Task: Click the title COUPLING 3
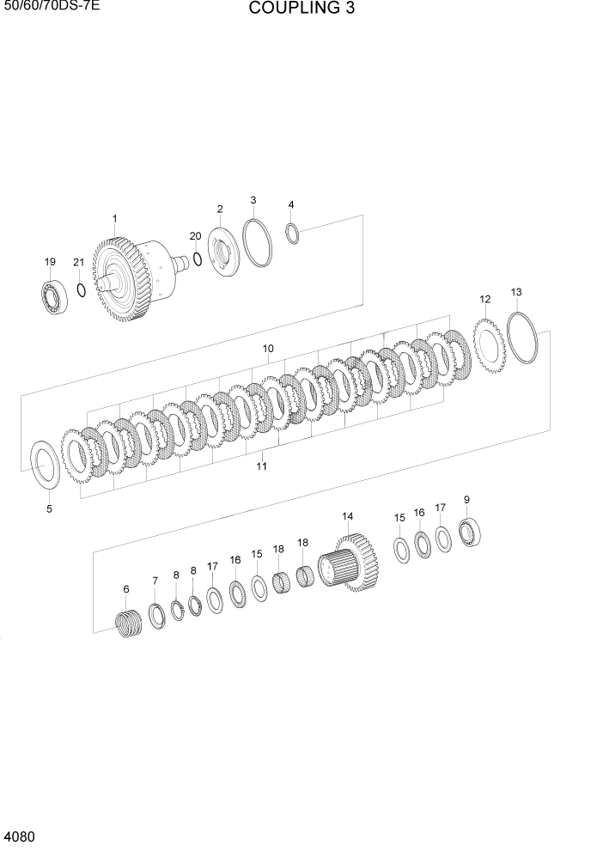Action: pos(301,9)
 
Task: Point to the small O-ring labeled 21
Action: pos(82,289)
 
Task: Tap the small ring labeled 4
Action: pos(291,233)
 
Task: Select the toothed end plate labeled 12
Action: pos(487,345)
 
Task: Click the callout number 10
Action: pos(268,349)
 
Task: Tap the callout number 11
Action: pos(261,466)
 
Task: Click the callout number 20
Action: pos(195,235)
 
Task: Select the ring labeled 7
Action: pos(158,615)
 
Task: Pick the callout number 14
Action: pos(347,516)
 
